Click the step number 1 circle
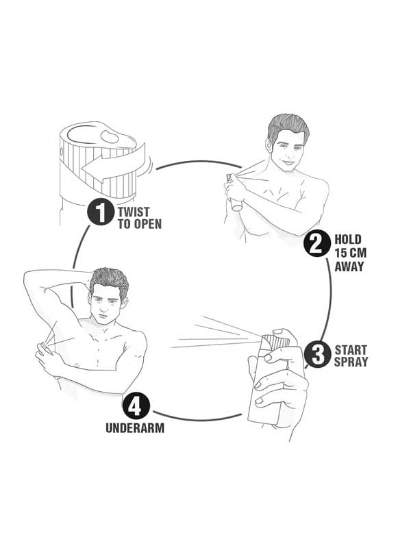101,212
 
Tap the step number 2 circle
317,244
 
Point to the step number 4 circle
136,406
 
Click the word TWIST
134,212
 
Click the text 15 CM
350,253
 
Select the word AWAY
349,266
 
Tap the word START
351,350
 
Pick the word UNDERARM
135,428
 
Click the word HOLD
348,239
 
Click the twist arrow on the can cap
114,164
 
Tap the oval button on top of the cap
110,136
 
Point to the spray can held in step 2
233,193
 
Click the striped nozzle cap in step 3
276,341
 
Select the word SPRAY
351,362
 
